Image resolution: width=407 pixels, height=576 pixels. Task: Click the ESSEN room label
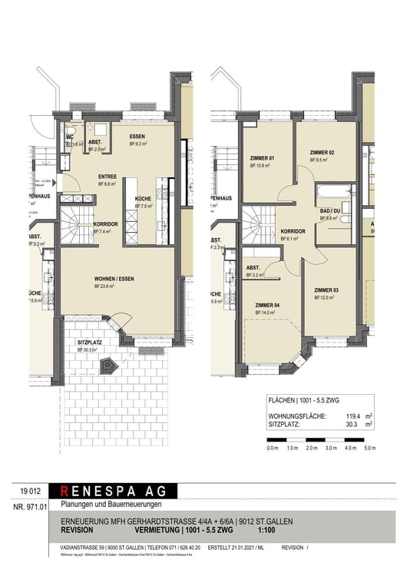pos(139,136)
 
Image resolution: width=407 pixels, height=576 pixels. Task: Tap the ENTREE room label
pos(107,177)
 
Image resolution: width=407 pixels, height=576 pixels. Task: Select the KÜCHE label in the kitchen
pos(144,199)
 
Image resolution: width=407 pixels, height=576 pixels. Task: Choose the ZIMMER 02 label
pos(322,153)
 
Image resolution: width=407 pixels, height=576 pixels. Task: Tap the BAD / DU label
pos(331,210)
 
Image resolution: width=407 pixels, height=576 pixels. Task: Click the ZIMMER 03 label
pos(326,290)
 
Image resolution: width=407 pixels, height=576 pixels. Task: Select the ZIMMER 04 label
pos(265,305)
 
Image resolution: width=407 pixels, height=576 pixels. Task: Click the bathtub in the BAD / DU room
pos(327,190)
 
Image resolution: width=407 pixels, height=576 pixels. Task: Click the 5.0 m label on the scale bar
pos(369,447)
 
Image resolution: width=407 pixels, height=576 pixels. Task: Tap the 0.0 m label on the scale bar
pos(272,447)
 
